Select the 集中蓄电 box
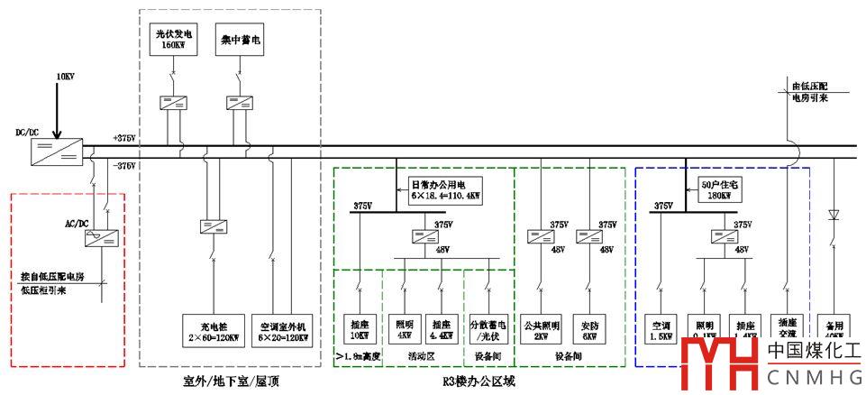[x=241, y=40]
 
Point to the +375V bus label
[x=123, y=138]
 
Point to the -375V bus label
[x=123, y=166]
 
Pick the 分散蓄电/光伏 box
[x=488, y=331]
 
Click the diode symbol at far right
[x=834, y=216]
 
